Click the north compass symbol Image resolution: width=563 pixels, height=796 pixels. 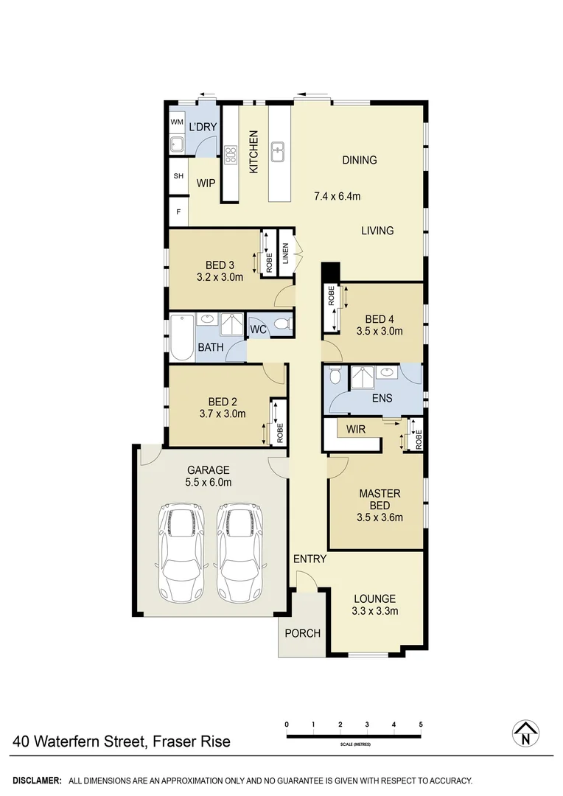point(525,733)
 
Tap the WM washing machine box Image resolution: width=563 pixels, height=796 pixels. point(177,122)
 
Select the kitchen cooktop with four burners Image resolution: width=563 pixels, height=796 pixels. point(231,154)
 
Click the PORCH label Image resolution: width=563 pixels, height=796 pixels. point(302,633)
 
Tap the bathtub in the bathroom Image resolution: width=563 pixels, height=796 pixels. point(181,338)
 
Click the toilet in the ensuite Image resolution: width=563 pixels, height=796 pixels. point(335,377)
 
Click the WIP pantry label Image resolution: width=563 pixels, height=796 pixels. point(206,183)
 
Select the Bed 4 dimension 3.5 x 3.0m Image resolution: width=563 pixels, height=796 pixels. point(379,331)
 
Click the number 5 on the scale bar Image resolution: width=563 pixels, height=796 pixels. point(421,725)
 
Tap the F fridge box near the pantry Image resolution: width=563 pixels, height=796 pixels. point(178,213)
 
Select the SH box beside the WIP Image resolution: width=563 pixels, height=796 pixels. point(178,176)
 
